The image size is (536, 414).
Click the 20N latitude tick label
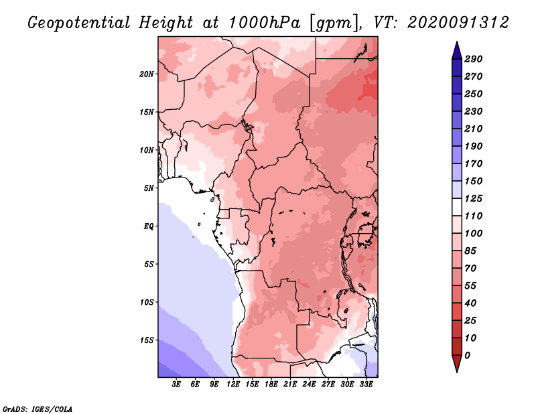(x=146, y=74)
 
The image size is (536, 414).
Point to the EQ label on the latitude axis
(x=148, y=226)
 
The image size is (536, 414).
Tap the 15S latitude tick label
(x=146, y=340)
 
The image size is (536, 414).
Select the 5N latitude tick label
(x=149, y=188)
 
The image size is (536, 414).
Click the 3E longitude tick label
(x=176, y=384)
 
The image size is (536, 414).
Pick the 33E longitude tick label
(x=366, y=384)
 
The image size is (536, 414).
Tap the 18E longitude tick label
(x=271, y=384)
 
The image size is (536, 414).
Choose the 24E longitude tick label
(x=309, y=384)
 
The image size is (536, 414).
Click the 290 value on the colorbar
(x=474, y=59)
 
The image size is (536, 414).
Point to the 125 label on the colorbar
(x=474, y=198)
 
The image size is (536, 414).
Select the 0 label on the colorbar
(x=467, y=356)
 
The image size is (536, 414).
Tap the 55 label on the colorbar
(x=470, y=286)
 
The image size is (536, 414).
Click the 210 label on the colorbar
(x=474, y=129)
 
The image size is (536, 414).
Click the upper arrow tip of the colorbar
(x=457, y=42)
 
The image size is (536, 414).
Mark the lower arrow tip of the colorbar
(x=457, y=372)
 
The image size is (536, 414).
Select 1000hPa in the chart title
(x=264, y=23)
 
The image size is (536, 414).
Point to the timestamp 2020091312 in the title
(x=458, y=23)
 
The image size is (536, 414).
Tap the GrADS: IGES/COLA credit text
(x=38, y=409)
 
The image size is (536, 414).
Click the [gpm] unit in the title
(x=335, y=23)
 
